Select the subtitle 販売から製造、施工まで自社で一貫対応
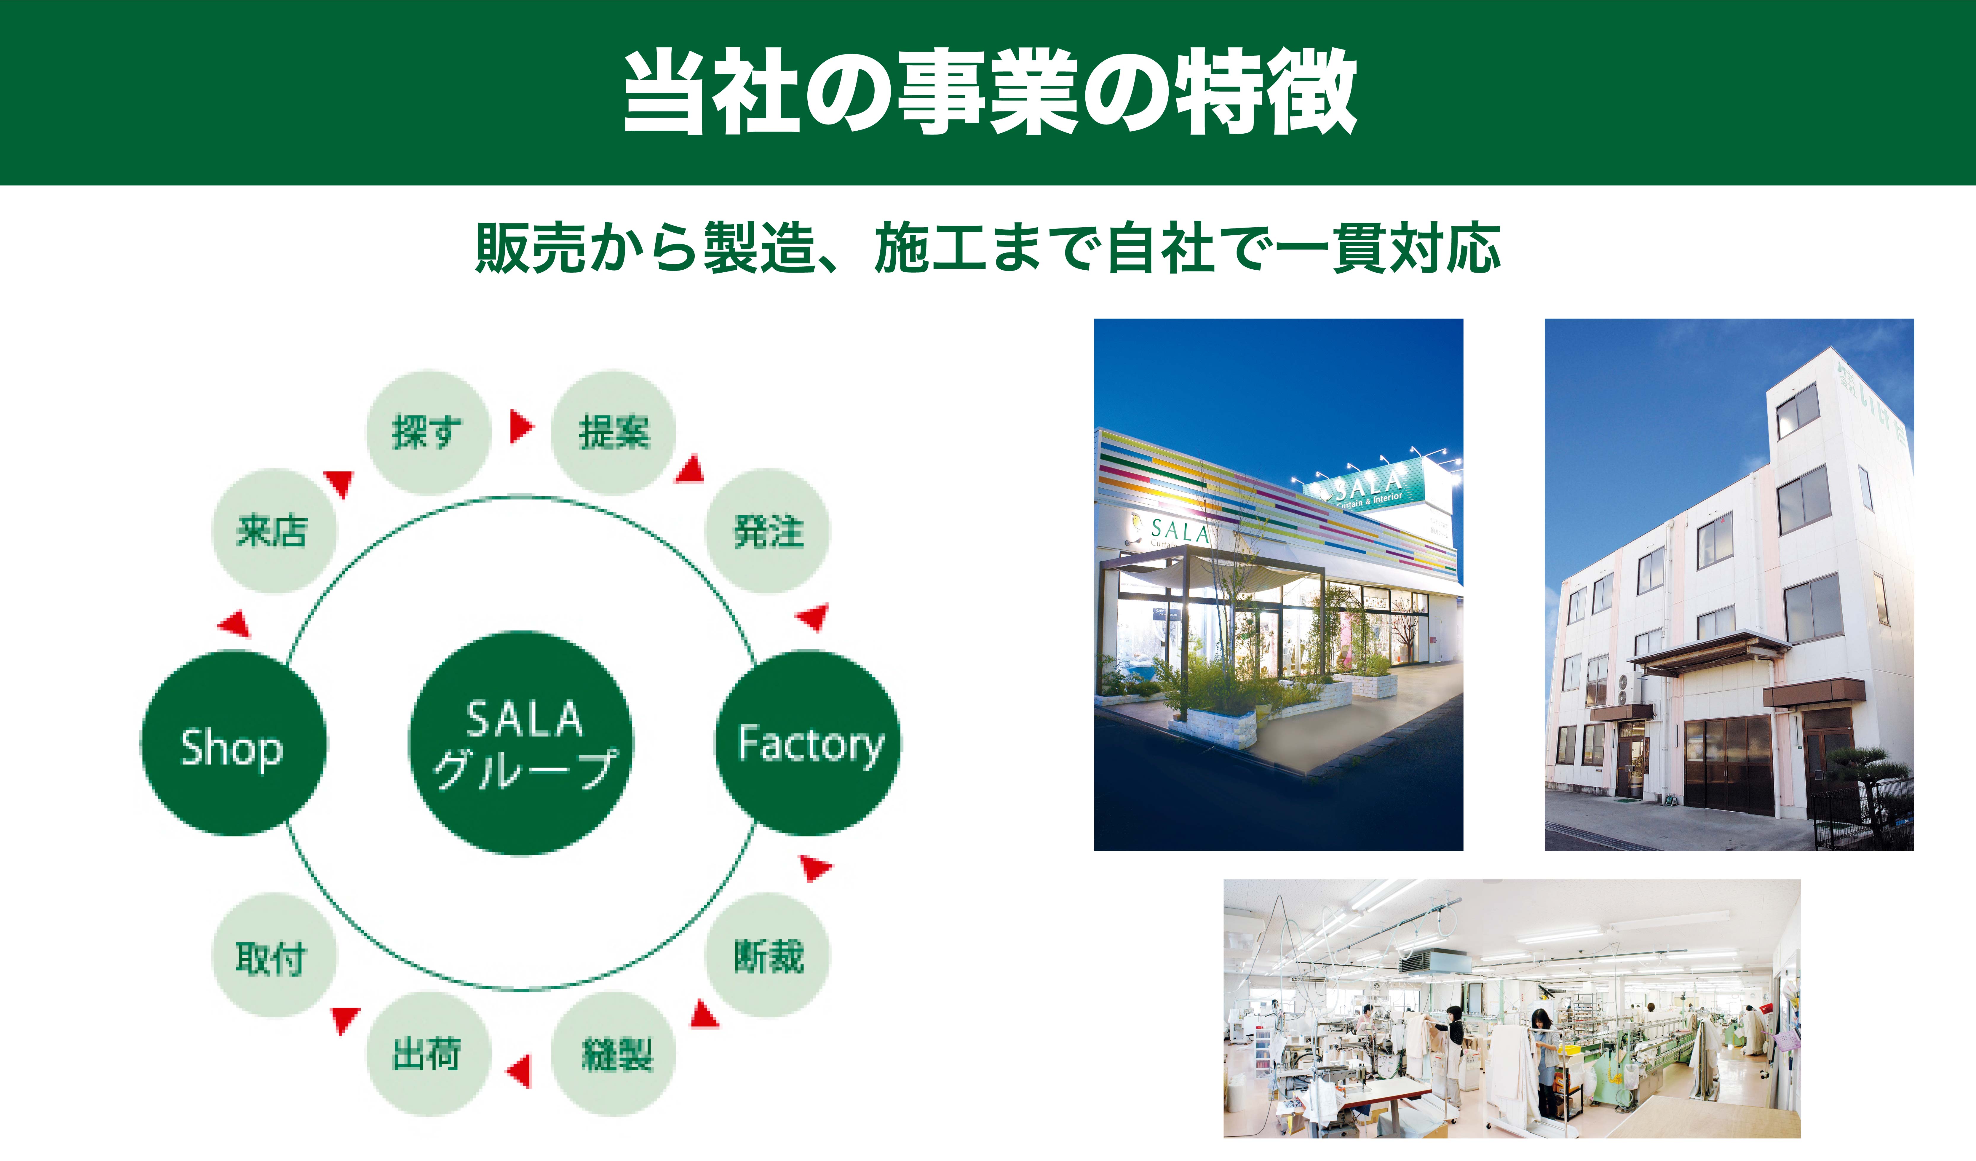(988, 249)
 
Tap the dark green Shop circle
(233, 743)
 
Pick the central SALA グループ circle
(521, 742)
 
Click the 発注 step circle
(768, 531)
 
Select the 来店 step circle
(274, 531)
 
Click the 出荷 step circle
(428, 1054)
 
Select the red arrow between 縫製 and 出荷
(520, 1071)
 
